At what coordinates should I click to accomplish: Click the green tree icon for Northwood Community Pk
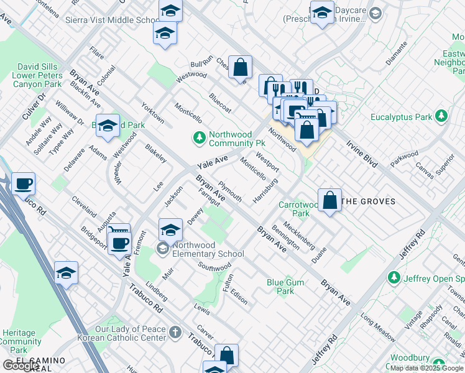[200, 137]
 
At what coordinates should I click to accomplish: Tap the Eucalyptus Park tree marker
[441, 116]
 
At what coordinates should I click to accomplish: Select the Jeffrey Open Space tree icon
[393, 277]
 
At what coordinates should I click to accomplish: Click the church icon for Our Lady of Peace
[175, 333]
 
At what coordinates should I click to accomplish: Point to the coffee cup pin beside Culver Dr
[23, 183]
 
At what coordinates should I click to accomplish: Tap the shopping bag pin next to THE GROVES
[330, 200]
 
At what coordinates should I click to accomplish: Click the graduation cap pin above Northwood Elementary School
[170, 229]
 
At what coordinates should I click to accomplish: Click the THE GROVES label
[369, 201]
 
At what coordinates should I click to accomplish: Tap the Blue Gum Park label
[285, 287]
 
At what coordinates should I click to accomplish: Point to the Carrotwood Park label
[298, 209]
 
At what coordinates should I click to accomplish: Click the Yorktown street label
[153, 112]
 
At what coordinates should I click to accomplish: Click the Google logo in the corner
[21, 366]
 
